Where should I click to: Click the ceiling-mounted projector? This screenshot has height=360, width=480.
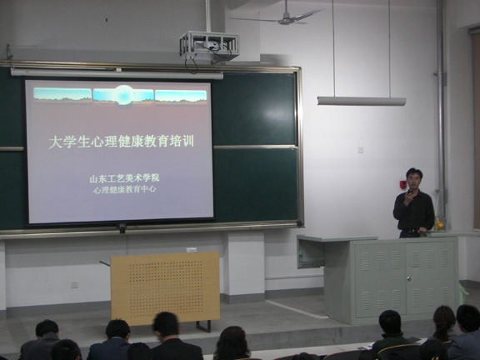pyautogui.click(x=209, y=45)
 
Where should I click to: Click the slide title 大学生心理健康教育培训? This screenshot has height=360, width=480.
pyautogui.click(x=121, y=142)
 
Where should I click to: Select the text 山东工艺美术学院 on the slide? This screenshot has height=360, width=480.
pyautogui.click(x=125, y=178)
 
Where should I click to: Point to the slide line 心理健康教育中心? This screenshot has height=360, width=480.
pyautogui.click(x=125, y=189)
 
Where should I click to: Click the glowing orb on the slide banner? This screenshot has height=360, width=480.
pyautogui.click(x=124, y=96)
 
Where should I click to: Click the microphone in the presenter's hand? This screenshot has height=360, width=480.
pyautogui.click(x=410, y=192)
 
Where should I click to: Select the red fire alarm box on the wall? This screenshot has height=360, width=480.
pyautogui.click(x=402, y=185)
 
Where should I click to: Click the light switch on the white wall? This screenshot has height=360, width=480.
pyautogui.click(x=361, y=149)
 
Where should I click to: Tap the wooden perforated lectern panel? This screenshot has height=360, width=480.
pyautogui.click(x=165, y=287)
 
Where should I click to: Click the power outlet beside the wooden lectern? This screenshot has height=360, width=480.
pyautogui.click(x=74, y=285)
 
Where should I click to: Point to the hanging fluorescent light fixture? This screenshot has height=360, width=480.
pyautogui.click(x=362, y=101)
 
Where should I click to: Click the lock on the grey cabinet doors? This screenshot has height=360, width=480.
pyautogui.click(x=408, y=278)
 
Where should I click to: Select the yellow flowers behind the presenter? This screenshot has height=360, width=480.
pyautogui.click(x=439, y=225)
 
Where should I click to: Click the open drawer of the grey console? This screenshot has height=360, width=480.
pyautogui.click(x=311, y=253)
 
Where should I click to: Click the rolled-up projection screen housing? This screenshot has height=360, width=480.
pyautogui.click(x=117, y=73)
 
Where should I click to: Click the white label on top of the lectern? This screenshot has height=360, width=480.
pyautogui.click(x=192, y=250)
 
